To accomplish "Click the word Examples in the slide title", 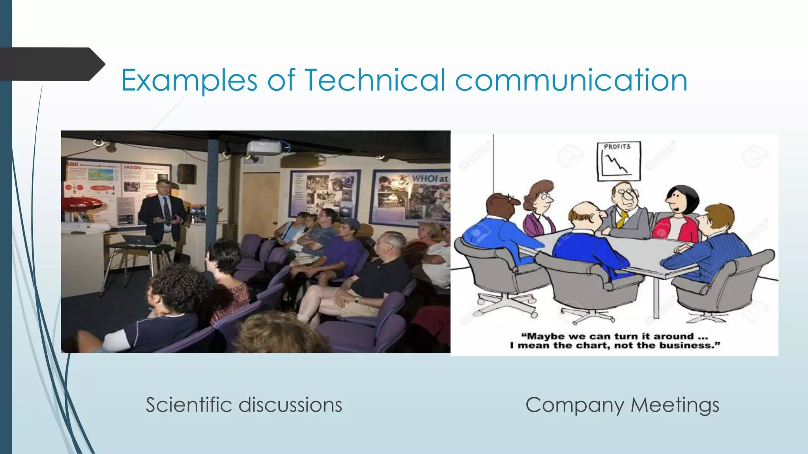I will [x=189, y=80].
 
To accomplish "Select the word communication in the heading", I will [x=571, y=80].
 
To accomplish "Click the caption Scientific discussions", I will [x=244, y=405].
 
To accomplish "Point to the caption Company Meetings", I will [x=622, y=405].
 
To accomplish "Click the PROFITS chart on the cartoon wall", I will [x=619, y=161].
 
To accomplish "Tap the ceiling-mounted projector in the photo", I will [x=264, y=147].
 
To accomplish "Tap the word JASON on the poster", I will [x=133, y=167].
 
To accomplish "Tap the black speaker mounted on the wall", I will [x=187, y=173].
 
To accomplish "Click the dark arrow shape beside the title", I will [x=51, y=64].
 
